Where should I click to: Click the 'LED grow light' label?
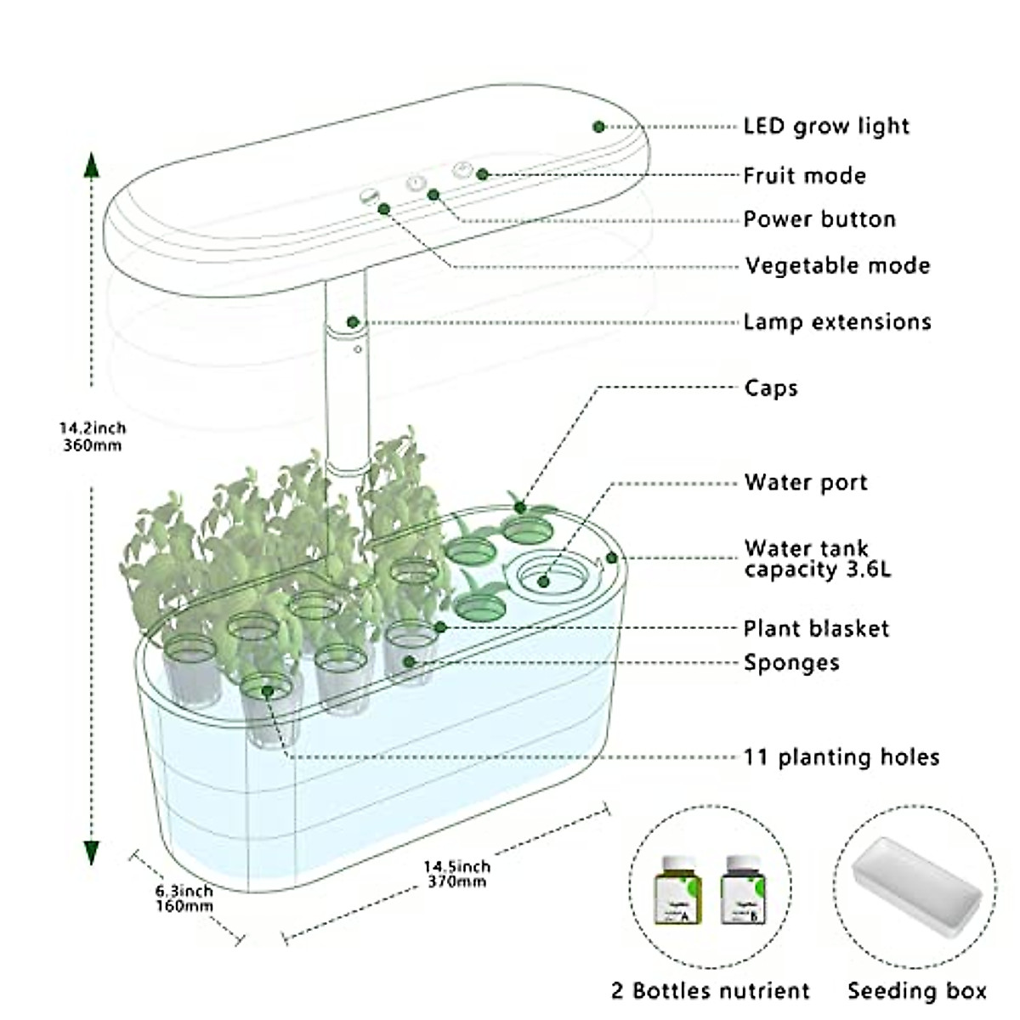click(826, 127)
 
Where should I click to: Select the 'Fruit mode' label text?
click(805, 176)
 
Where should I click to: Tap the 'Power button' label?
click(819, 219)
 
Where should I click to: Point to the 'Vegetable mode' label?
click(837, 266)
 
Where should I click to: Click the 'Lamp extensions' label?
click(837, 322)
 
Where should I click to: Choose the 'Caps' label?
click(771, 388)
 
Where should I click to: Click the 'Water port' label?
click(806, 483)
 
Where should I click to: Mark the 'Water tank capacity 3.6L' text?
click(817, 558)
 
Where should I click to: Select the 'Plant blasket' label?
click(816, 629)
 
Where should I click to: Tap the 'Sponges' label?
click(791, 663)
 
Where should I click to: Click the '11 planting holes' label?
click(841, 757)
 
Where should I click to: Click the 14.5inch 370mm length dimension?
click(457, 874)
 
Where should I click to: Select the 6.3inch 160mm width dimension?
click(184, 898)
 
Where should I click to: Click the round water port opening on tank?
click(545, 577)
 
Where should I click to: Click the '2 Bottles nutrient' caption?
click(710, 991)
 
